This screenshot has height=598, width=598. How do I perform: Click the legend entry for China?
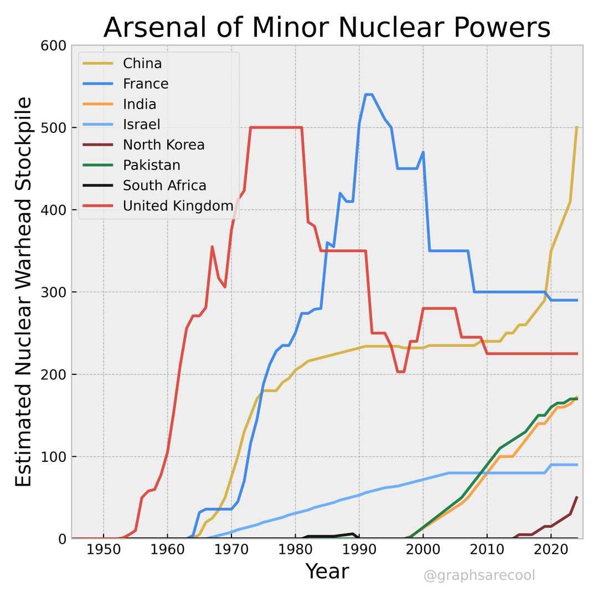(x=142, y=63)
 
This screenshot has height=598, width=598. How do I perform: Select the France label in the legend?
(x=146, y=84)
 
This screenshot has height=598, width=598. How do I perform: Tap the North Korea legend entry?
(x=163, y=145)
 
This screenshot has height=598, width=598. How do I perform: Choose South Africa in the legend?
(x=164, y=185)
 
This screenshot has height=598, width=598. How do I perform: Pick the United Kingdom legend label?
(x=178, y=206)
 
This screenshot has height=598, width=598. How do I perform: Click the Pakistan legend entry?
(x=151, y=165)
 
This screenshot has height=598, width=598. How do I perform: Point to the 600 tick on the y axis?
(x=54, y=45)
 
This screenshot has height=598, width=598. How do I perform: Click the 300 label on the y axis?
(x=54, y=292)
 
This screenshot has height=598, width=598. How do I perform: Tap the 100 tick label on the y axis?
(x=54, y=457)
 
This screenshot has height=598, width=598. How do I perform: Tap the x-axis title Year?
(x=327, y=571)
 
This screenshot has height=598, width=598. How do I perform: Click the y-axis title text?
(x=23, y=292)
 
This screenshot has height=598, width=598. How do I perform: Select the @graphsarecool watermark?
(x=479, y=576)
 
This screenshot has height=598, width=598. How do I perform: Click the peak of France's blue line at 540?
(x=369, y=95)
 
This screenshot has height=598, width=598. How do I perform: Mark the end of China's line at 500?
(x=576, y=128)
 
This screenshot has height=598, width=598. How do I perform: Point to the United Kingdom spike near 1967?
(x=212, y=247)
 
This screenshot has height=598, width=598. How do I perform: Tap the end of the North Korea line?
(x=576, y=497)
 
